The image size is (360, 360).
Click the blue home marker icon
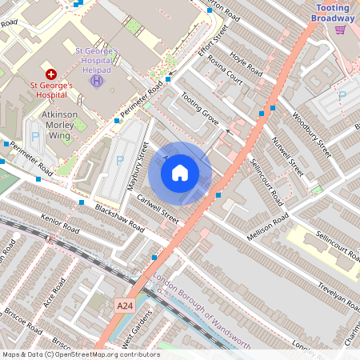180,173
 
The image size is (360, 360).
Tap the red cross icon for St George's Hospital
52,73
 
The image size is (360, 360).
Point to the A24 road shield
124,306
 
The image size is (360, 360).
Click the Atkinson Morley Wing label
58,120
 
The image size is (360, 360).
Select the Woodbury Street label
311,134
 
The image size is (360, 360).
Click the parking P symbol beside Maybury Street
120,160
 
